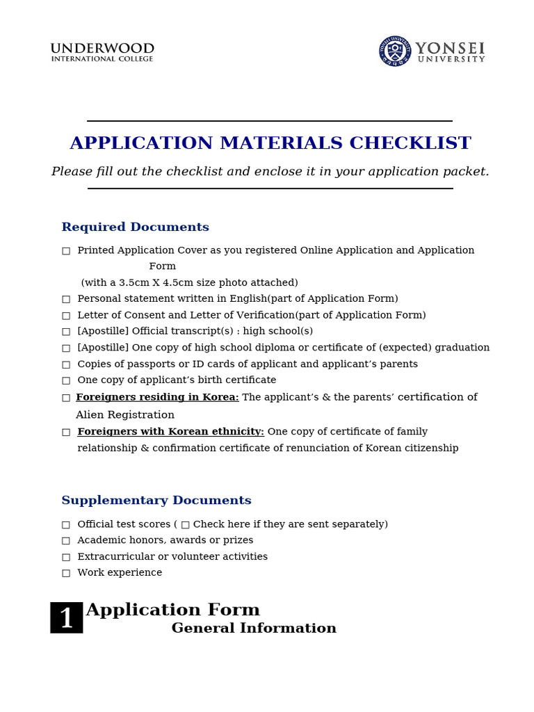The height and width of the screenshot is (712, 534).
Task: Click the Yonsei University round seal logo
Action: coord(395,51)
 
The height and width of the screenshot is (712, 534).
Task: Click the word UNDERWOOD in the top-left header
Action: coord(102,48)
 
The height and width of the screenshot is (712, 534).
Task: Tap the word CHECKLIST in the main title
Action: coord(410,143)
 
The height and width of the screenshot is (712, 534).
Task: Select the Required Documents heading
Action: coord(135,227)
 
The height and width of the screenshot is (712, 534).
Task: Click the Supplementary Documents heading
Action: coord(156,501)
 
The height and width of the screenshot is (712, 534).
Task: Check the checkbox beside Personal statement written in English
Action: coord(66,299)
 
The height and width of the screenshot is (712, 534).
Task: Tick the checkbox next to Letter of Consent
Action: coord(66,316)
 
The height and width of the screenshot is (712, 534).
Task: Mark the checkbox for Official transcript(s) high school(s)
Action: coord(66,332)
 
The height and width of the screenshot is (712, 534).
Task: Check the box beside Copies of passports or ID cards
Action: coord(66,364)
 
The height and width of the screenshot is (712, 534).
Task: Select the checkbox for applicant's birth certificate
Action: coord(66,381)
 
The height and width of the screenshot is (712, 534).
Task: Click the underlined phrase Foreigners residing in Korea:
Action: coord(157,397)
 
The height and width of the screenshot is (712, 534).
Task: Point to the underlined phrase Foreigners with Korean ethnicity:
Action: coord(170,432)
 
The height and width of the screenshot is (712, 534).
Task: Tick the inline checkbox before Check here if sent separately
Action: coord(185,525)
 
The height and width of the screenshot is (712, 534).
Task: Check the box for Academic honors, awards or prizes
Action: coord(66,541)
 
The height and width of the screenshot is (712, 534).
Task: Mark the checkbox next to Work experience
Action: coord(66,574)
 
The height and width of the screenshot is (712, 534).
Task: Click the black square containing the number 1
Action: coord(67,617)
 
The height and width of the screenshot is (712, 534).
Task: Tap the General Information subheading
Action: coord(254,629)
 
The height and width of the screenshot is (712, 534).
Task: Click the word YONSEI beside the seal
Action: coord(450,48)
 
